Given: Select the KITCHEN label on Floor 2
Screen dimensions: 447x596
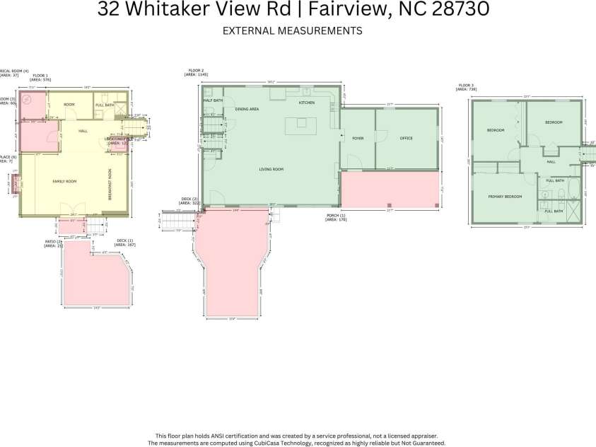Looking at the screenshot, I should [x=306, y=103].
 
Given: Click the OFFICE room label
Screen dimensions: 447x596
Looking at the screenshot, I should [x=406, y=138].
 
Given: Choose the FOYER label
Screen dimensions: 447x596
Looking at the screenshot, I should [x=358, y=138].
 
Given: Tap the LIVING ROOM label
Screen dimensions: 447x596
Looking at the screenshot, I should [x=271, y=169].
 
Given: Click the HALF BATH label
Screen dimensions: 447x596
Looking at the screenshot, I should [x=213, y=100].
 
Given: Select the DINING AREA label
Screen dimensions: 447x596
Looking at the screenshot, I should [x=247, y=109].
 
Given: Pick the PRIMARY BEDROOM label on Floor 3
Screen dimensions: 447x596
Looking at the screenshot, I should [x=505, y=196].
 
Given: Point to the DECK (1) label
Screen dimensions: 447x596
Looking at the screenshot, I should [x=125, y=243].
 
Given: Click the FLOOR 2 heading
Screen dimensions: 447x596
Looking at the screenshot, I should [x=196, y=71].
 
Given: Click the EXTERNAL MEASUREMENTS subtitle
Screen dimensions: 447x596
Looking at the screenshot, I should [x=292, y=30].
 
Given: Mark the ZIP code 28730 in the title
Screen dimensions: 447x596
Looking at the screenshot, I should [x=462, y=10].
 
